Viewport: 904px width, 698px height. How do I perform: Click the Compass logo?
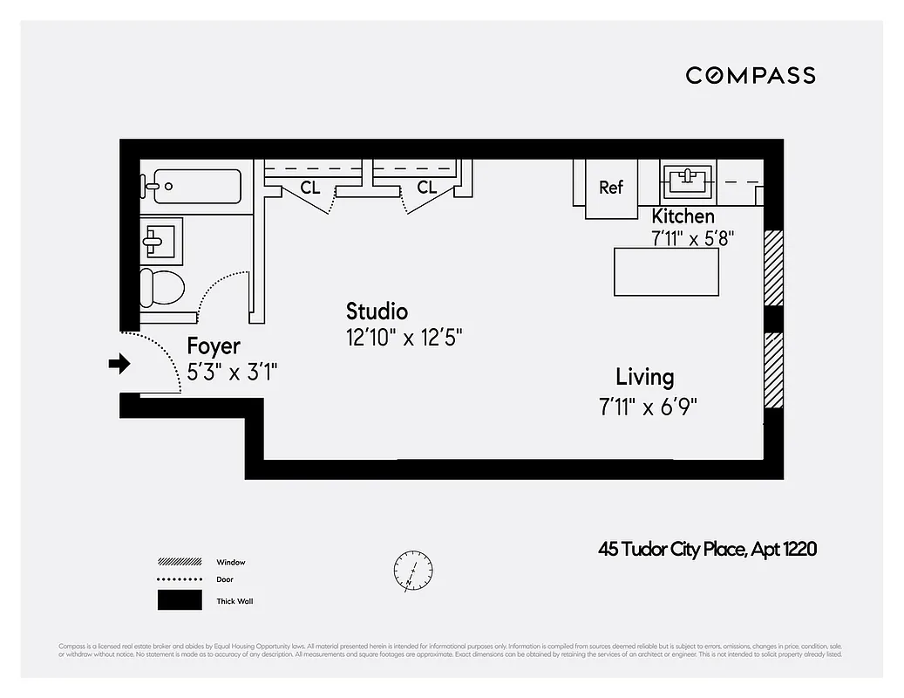tap(750, 75)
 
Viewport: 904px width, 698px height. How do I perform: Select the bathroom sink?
tap(161, 240)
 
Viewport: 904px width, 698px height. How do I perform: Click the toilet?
tap(163, 286)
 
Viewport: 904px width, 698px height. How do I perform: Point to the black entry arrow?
tap(119, 364)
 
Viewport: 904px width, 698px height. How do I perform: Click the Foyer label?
tap(214, 346)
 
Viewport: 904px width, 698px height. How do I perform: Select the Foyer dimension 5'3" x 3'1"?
tap(233, 373)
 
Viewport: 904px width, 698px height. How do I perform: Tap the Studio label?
tap(377, 311)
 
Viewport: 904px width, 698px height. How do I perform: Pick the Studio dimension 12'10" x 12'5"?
tap(404, 338)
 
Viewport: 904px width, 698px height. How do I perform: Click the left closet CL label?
tap(310, 188)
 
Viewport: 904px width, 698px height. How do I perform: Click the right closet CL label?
tap(426, 188)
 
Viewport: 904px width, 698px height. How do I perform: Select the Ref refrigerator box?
tap(611, 188)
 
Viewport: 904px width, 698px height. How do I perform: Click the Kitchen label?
tap(683, 216)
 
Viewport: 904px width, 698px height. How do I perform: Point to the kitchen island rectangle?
tap(666, 272)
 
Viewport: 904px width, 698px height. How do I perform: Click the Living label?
tap(644, 377)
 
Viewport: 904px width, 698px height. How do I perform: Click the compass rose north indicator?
tap(412, 571)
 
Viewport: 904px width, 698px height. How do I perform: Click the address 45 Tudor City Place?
tap(707, 549)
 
